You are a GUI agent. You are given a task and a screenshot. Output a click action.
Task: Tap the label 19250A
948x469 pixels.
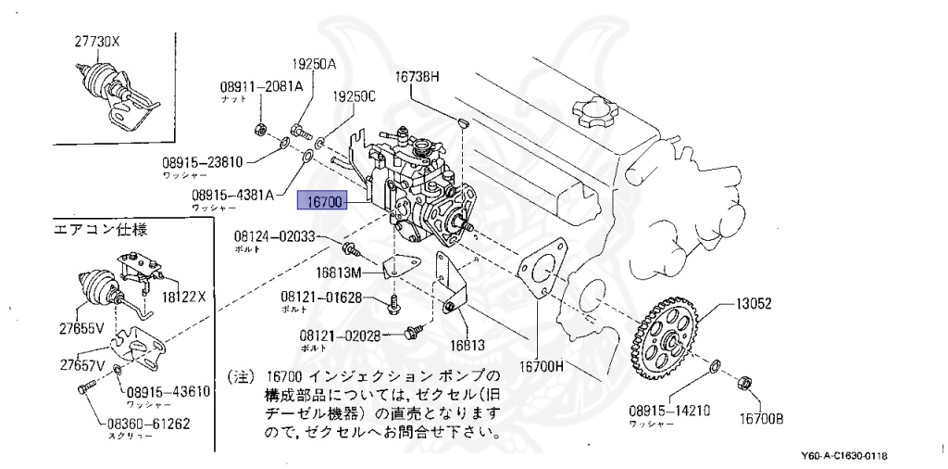[x=315, y=65]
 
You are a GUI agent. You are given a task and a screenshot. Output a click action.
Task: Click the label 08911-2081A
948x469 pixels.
[x=261, y=86]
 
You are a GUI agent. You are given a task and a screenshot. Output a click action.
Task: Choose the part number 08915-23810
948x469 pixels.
[x=202, y=161]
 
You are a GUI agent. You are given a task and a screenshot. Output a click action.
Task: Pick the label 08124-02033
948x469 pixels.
[x=275, y=237]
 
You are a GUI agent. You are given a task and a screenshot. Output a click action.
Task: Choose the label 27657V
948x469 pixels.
[x=82, y=364]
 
